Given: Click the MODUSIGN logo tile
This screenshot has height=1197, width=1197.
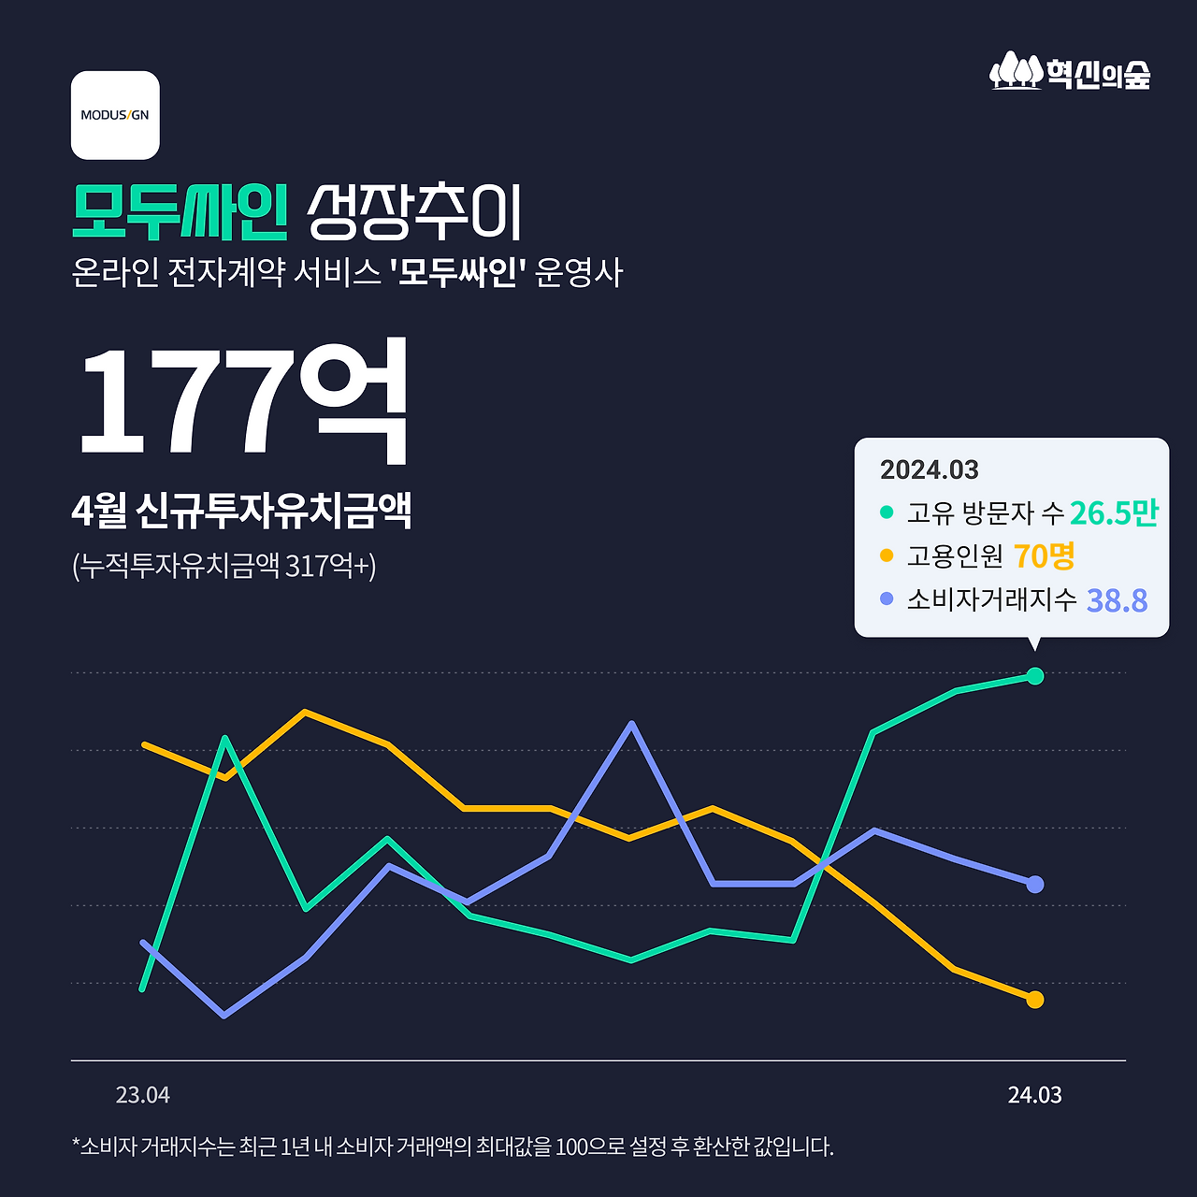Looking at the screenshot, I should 115,115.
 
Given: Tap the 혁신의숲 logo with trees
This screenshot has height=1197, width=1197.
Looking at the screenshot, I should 1070,71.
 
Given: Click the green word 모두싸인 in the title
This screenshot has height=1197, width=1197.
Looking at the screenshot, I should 180,213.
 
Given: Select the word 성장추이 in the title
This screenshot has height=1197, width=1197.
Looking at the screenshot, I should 414,213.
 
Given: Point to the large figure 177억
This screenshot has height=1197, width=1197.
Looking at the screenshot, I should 243,400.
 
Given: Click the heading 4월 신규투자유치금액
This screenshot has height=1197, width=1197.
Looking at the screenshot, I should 241,511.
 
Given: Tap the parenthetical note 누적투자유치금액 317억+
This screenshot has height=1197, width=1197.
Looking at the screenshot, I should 224,566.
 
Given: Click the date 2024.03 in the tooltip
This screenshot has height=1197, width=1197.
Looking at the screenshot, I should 929,469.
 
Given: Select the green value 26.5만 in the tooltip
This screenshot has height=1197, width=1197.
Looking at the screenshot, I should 1114,512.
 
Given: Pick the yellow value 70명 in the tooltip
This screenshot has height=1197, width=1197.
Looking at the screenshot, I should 1044,556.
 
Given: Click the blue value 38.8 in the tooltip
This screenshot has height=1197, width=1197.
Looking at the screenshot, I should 1117,600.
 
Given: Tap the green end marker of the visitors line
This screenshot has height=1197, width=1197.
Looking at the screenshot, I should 1034,676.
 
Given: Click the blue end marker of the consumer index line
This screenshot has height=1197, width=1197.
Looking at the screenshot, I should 1034,884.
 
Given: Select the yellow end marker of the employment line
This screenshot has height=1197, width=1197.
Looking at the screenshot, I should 1034,1000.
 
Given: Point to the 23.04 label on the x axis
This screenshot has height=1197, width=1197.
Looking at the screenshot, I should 143,1095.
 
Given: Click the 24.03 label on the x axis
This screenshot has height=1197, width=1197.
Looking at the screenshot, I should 1034,1095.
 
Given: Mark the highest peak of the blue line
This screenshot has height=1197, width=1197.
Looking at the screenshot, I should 632,724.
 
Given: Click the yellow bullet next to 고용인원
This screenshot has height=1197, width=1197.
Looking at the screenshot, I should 887,556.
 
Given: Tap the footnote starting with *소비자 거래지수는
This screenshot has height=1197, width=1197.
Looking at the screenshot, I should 453,1147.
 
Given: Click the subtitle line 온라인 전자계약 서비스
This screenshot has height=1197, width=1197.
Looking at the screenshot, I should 347,273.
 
